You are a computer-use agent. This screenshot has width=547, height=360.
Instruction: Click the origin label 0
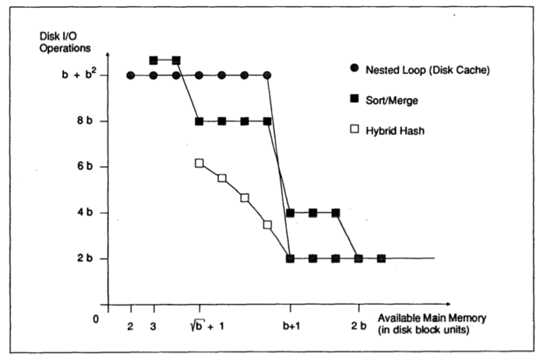click(97, 319)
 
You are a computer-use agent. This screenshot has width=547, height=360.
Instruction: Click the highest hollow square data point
click(199, 163)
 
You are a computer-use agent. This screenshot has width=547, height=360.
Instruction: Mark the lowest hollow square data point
click(267, 224)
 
